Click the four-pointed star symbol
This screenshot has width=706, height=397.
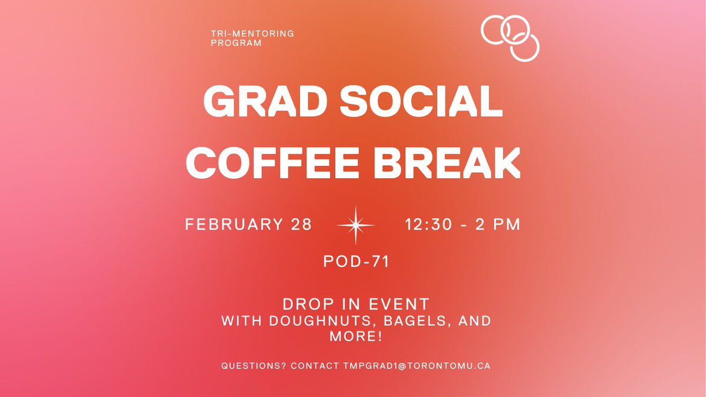coord(355,225)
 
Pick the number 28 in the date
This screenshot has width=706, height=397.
coord(299,225)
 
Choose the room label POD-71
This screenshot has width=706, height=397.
coord(357,262)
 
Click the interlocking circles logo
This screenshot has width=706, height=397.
coord(509,38)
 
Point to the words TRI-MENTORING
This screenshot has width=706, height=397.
coord(252,34)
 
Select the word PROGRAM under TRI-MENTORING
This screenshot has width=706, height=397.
coord(236,44)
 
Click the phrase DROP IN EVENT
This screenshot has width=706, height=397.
coord(356,304)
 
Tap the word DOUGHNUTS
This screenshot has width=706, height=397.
coord(305,322)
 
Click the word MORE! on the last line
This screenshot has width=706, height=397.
coord(356,337)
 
